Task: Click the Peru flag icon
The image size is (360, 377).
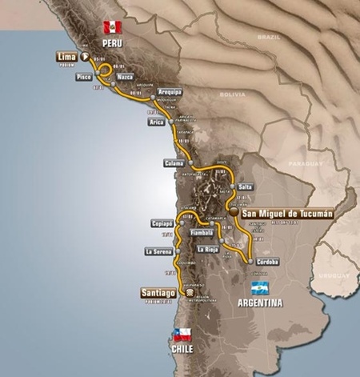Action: [110, 26]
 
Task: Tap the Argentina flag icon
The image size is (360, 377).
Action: [260, 289]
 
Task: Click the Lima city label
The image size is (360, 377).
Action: [66, 57]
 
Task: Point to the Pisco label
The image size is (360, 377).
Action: [82, 78]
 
